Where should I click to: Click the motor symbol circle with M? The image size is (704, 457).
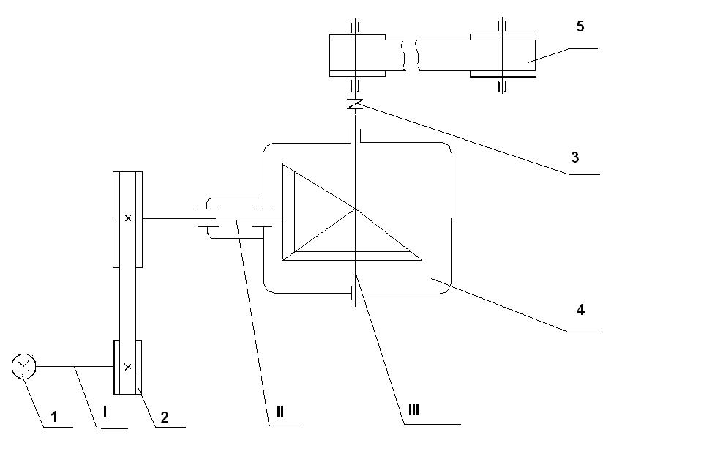point(23,366)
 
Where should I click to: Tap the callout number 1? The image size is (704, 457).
point(54,417)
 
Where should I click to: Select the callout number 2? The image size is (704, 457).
point(165,417)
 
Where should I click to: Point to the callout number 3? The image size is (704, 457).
point(575,157)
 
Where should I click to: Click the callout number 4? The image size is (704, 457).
point(580,310)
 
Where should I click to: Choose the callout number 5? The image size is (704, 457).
point(580,26)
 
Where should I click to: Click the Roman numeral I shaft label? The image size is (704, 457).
point(105,411)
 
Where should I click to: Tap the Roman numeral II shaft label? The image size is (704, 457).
point(280,411)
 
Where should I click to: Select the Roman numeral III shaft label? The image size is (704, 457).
point(413,410)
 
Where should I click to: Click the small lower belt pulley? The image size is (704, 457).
point(128,367)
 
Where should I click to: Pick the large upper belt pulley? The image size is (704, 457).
point(128,219)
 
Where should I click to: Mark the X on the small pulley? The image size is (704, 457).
point(128,367)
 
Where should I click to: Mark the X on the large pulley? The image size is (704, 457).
point(128,218)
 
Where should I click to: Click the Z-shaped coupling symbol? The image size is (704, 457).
point(355,104)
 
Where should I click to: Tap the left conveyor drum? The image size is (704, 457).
point(357,56)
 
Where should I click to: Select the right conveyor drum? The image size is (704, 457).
point(503,56)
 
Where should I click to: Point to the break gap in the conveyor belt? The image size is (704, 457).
point(411,55)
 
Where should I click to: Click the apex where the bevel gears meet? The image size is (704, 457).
point(356,209)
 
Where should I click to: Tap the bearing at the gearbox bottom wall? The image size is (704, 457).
point(356,294)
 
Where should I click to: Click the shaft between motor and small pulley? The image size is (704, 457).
point(75,367)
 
